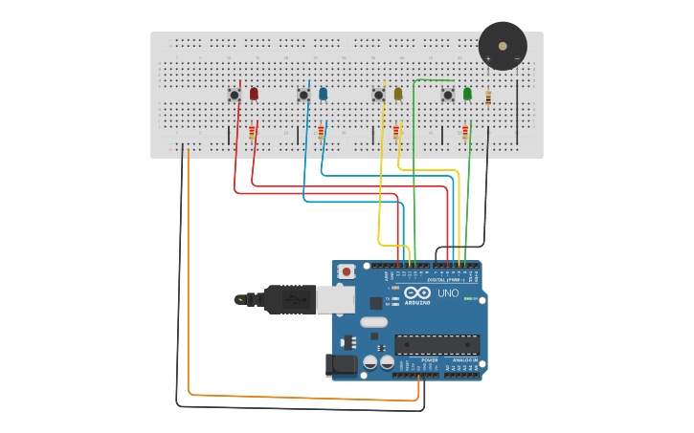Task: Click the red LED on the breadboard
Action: (254, 94)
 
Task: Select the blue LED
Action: (323, 94)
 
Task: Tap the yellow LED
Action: (398, 94)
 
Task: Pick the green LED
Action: (467, 94)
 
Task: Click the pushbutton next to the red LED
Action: (234, 95)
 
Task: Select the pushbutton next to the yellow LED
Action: (378, 95)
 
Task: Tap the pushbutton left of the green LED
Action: (447, 95)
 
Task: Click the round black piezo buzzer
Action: (503, 45)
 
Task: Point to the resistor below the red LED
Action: (252, 132)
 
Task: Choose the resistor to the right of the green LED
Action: (488, 97)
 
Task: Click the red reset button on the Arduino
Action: (347, 271)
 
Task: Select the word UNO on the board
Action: (448, 292)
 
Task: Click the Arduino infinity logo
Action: (417, 292)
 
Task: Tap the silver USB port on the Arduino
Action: (335, 300)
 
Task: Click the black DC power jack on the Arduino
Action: (341, 364)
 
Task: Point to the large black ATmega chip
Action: (437, 345)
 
